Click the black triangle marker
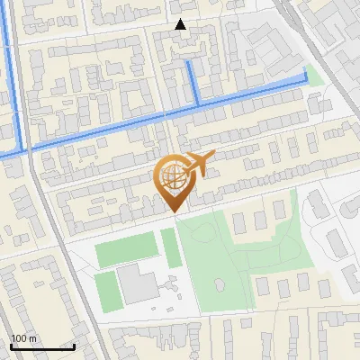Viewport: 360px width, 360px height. [181, 24]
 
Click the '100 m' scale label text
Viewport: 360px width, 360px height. [23, 339]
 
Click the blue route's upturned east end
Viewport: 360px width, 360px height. [306, 77]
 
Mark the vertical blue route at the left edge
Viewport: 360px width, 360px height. [13, 72]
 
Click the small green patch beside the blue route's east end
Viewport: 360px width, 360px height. [314, 74]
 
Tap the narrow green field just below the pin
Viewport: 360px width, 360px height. [170, 247]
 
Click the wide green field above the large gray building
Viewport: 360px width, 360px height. [125, 249]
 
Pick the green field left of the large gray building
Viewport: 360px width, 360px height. [106, 290]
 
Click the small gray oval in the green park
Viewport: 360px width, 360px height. [220, 285]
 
